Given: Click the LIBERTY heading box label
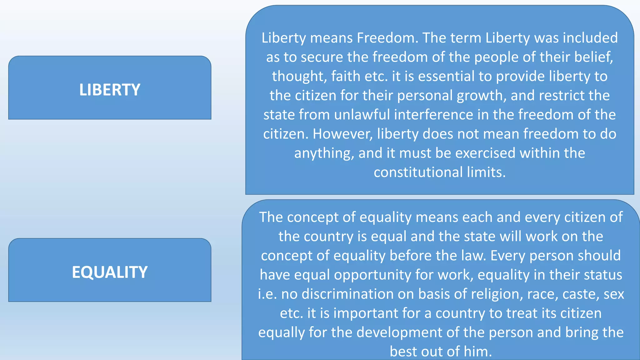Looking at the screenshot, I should tap(110, 90).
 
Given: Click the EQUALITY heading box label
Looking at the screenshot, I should tap(110, 272).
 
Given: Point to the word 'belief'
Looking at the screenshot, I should tap(593, 57).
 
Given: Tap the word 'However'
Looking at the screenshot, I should tap(342, 134).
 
